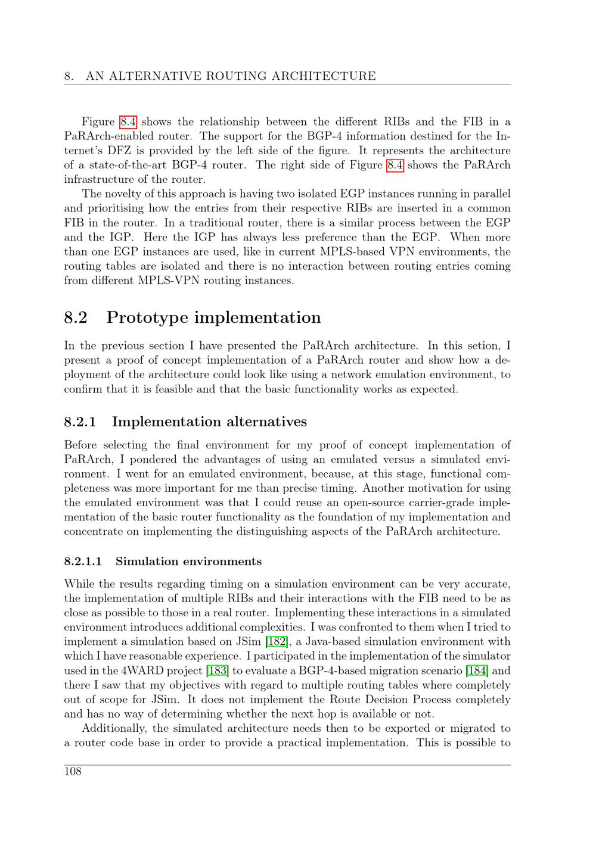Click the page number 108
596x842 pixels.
(x=73, y=772)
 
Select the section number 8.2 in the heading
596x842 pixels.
(x=76, y=317)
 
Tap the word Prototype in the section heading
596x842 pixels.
(x=147, y=318)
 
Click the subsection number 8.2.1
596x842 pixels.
(x=80, y=422)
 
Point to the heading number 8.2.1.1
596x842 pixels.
(x=83, y=561)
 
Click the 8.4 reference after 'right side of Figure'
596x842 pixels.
(x=395, y=165)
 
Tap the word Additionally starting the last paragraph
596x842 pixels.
(x=114, y=728)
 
